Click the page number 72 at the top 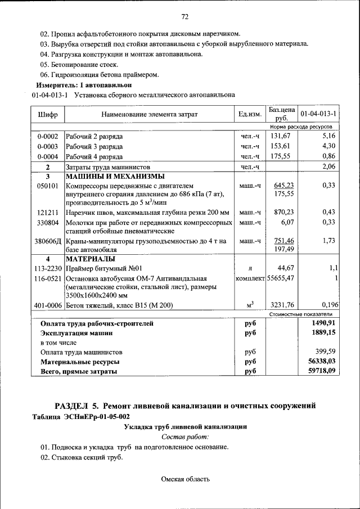184,15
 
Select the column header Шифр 48,114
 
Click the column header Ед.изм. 250,114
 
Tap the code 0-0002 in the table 48,136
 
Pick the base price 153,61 280,146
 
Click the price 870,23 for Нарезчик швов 282,212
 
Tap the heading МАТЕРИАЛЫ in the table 91,259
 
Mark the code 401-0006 48,305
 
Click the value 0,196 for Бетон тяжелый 326,305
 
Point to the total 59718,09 319,372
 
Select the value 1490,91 321,323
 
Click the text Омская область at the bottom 185,479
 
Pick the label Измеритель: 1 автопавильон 83,85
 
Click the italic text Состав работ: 185,436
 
